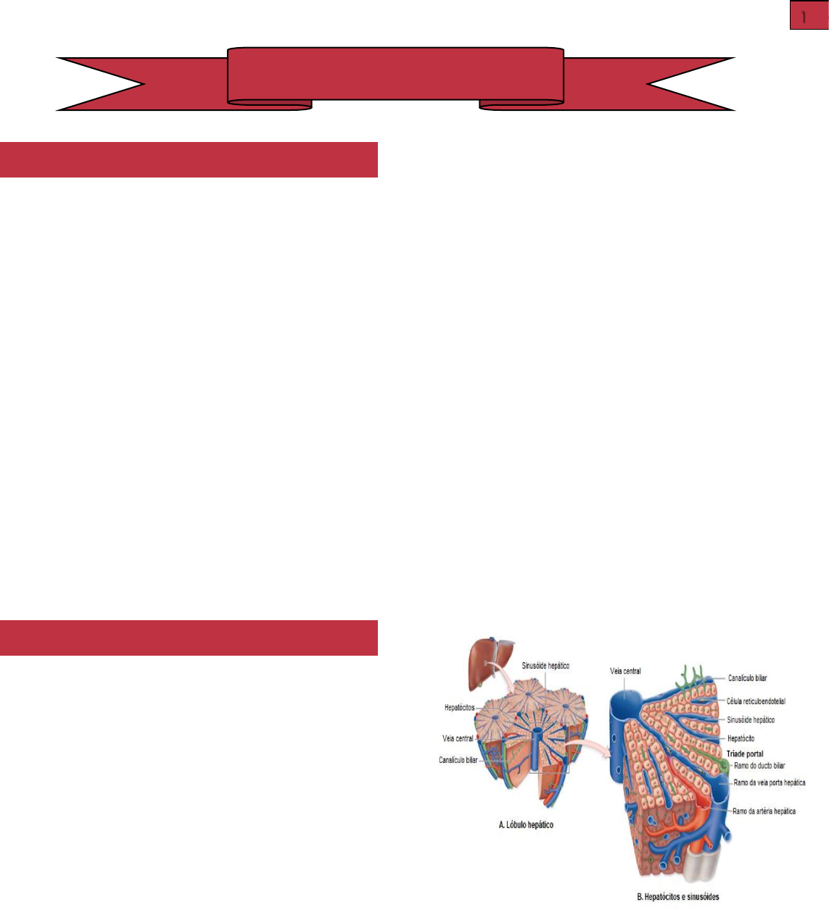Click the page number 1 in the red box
coord(808,16)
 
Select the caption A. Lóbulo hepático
coord(526,825)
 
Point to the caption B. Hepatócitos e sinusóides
coord(677,897)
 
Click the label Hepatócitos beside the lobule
coord(459,707)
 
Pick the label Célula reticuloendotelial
coord(756,701)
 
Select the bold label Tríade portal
coord(745,754)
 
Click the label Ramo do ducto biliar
coord(759,766)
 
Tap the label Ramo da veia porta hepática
coord(769,782)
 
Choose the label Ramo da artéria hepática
coord(764,811)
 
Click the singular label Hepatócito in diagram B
coord(741,738)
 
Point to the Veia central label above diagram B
coord(625,672)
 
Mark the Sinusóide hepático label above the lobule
coord(545,665)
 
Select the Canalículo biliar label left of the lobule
coord(458,760)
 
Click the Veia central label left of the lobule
coord(458,739)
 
